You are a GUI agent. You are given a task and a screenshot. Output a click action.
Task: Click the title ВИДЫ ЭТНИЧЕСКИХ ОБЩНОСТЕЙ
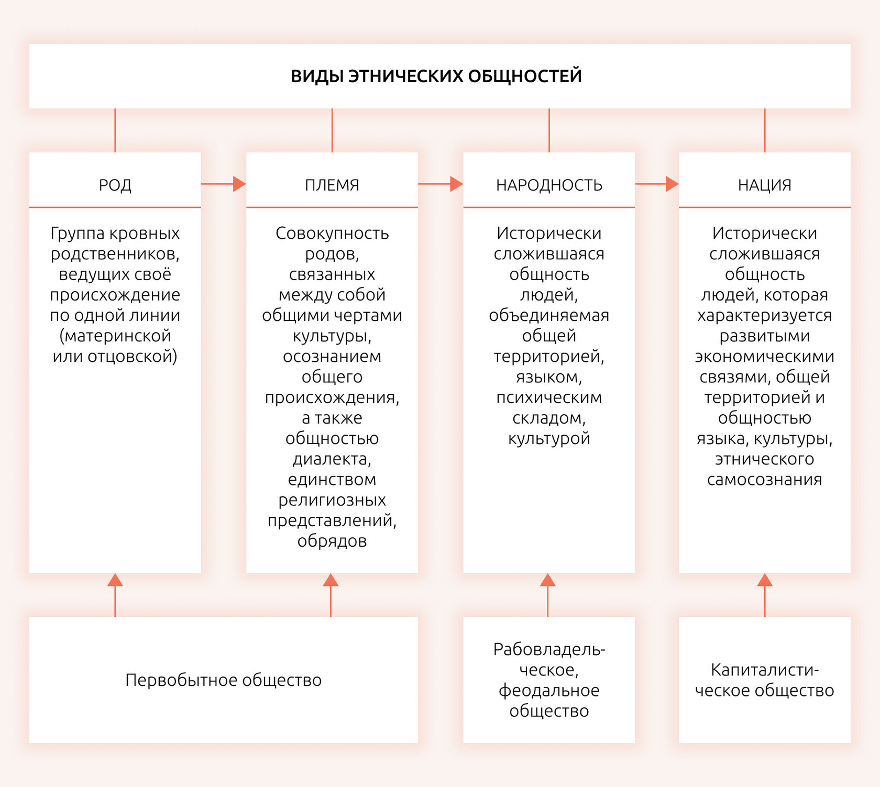436,76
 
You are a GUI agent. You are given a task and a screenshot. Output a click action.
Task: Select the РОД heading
115,185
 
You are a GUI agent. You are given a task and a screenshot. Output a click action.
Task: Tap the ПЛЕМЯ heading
332,185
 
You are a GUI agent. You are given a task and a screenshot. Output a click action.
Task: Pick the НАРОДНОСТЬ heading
549,185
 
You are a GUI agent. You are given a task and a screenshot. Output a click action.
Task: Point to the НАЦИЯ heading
765,185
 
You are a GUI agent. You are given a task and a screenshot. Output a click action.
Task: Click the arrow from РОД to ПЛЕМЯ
224,184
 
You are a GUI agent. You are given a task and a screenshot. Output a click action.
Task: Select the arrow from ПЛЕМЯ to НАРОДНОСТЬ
441,184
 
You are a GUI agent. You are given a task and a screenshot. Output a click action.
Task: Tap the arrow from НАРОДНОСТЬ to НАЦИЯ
657,184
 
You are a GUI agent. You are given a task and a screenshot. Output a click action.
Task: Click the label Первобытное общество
224,680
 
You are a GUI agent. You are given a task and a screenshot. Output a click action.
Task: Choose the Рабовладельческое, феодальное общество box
549,680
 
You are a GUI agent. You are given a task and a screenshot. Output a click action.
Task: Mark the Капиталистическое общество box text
765,680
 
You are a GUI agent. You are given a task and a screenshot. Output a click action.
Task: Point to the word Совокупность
332,234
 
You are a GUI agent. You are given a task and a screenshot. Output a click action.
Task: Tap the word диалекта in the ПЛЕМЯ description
332,459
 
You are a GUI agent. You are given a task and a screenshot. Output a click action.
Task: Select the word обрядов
332,541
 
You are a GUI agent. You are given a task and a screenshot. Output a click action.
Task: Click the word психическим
549,397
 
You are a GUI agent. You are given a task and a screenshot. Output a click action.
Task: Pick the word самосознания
765,479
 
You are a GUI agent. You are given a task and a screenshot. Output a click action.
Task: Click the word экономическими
765,356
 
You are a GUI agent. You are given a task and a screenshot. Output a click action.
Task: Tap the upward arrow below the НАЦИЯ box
765,595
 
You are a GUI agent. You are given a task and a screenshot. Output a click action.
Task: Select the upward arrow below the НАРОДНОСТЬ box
548,595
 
